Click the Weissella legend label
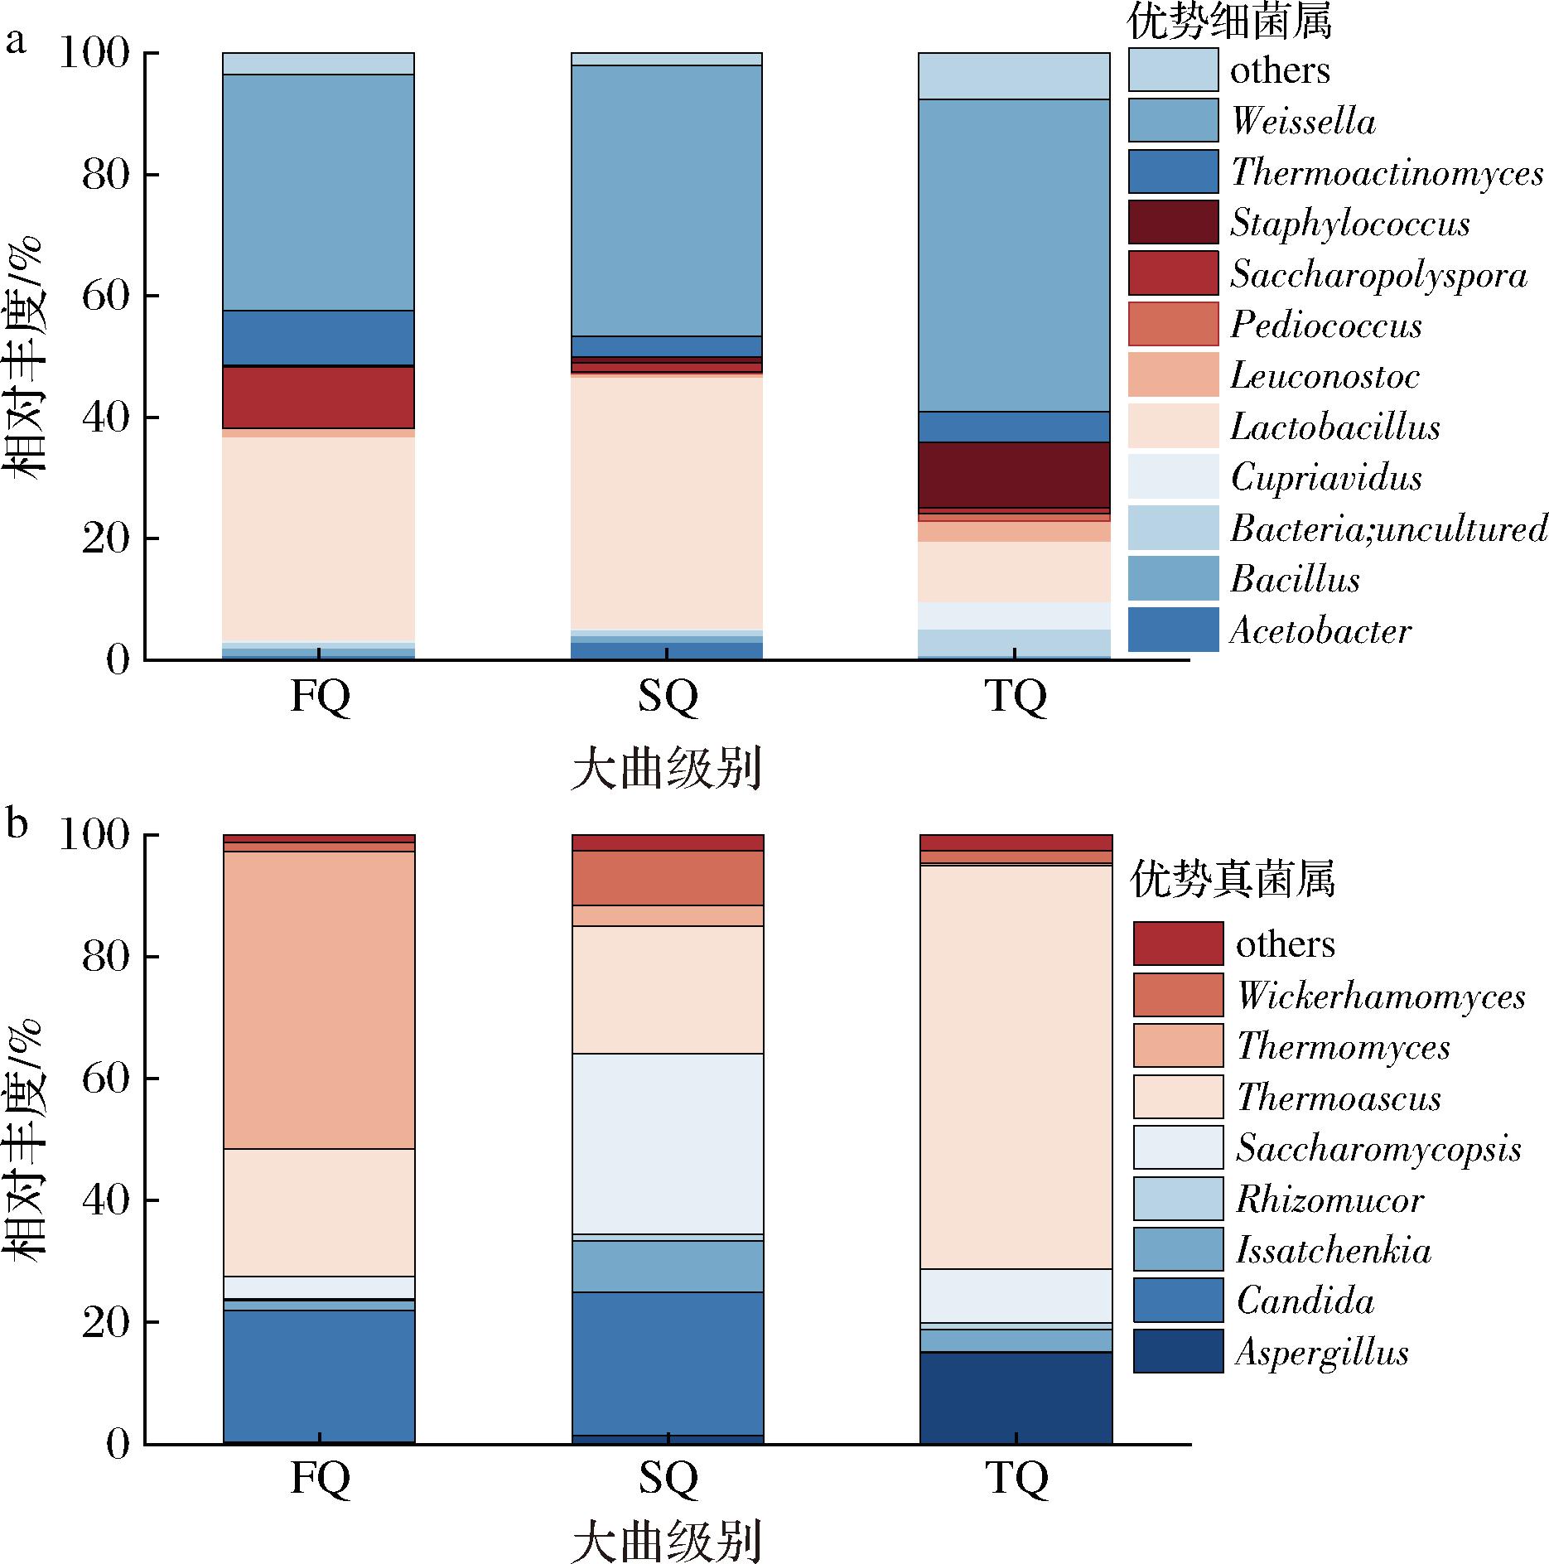(x=1303, y=122)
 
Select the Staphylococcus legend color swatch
(x=1173, y=222)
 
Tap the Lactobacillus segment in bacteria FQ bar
(x=319, y=538)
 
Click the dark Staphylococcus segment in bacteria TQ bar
(x=1015, y=475)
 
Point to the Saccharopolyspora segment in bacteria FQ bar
(x=319, y=398)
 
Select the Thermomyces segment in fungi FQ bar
(x=319, y=1000)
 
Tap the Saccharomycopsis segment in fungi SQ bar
(x=668, y=1143)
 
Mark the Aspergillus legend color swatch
(x=1178, y=1352)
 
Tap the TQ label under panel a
(x=1016, y=698)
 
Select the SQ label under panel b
(x=668, y=1480)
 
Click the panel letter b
(x=17, y=825)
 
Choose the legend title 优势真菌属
(x=1233, y=880)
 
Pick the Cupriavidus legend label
(x=1325, y=478)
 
